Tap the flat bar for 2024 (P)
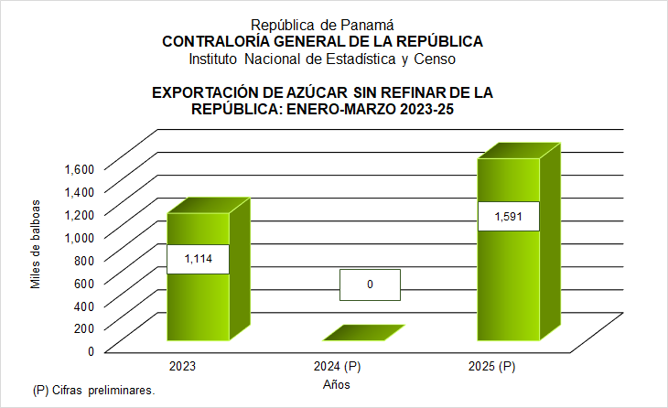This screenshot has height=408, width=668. pos(363,334)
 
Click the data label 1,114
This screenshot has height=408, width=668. pos(198,259)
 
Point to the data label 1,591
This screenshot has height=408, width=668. pos(508,216)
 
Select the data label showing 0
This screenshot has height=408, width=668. pos(370,285)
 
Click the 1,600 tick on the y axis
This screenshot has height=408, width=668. pos(80,168)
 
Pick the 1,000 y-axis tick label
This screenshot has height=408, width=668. pos(80,237)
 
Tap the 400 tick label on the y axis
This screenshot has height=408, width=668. pos(85,305)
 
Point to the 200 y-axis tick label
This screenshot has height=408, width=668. pos(85,327)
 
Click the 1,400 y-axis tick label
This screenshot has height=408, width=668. pos(80,191)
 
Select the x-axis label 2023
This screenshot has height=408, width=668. pos(181,367)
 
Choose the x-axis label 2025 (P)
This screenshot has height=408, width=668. pos(491,367)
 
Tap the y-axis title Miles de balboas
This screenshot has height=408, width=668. pos(36,242)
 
